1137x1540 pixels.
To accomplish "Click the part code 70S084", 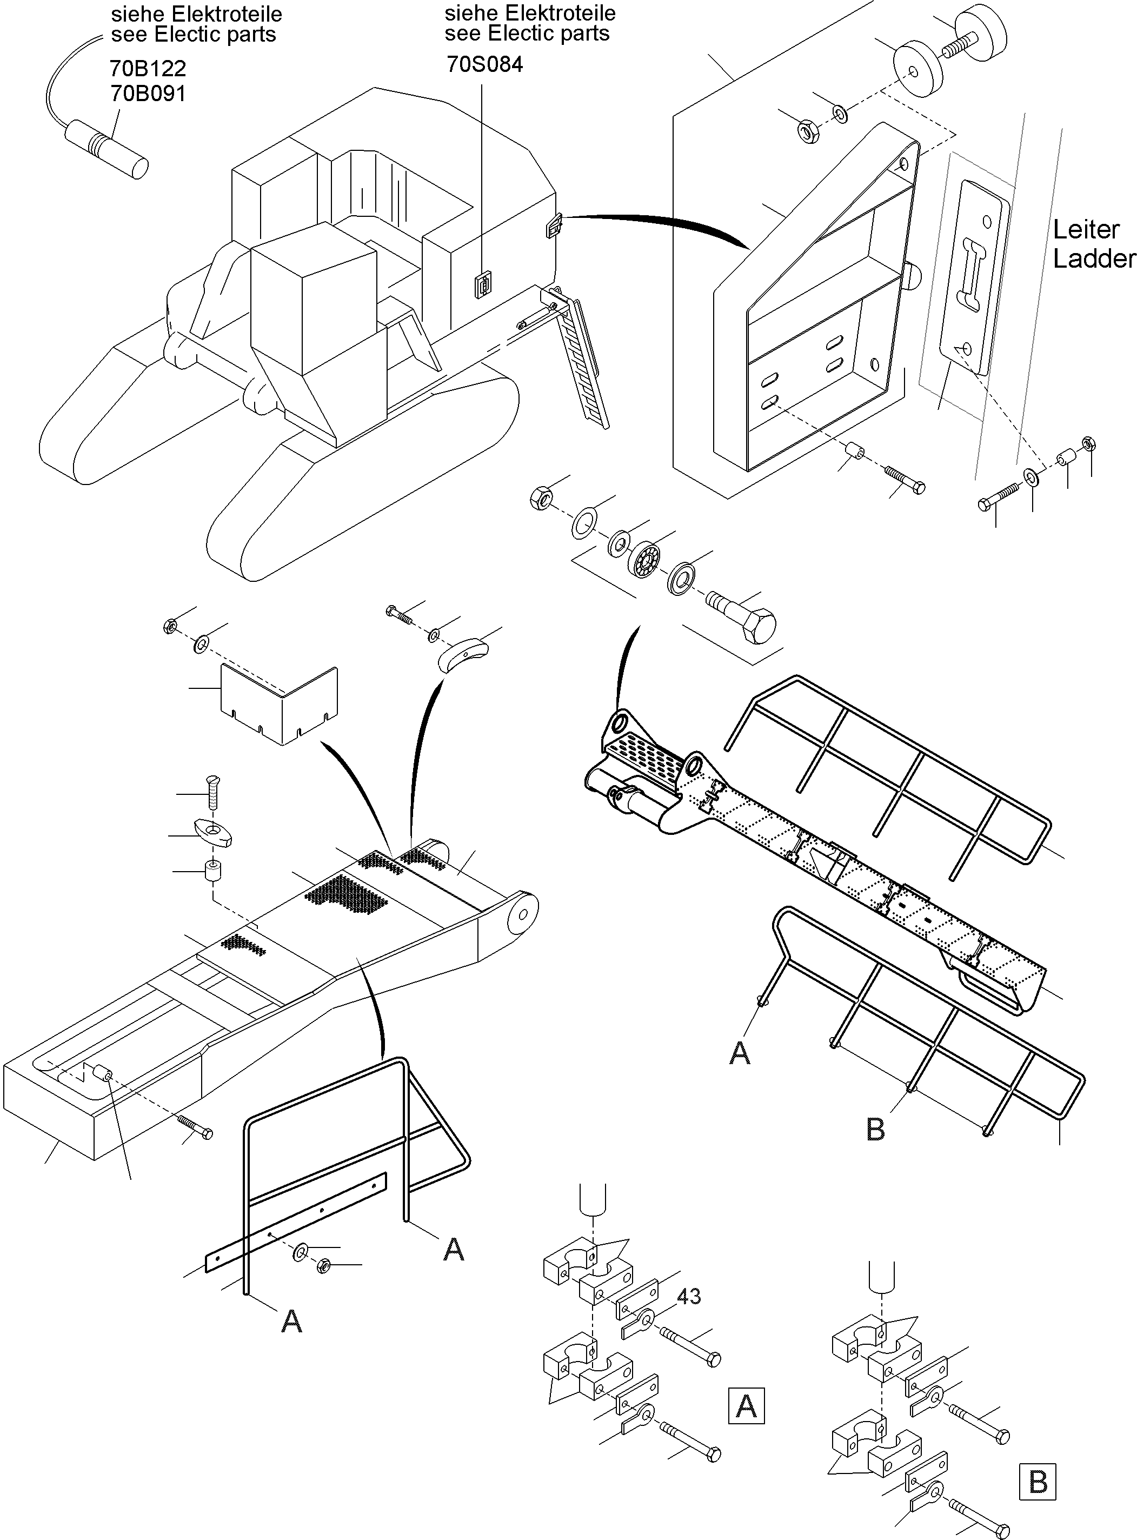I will click(x=484, y=64).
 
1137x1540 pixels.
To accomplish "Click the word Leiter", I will click(x=1086, y=229).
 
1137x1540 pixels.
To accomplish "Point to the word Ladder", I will click(x=1093, y=259).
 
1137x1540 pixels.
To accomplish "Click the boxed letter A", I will click(x=746, y=1406).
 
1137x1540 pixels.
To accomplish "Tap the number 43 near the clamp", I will click(x=688, y=1296).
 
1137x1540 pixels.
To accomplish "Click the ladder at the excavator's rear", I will click(x=584, y=357).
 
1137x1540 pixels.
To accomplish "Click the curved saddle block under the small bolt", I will click(x=462, y=653).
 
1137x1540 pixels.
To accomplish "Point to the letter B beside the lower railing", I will click(x=875, y=1129).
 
